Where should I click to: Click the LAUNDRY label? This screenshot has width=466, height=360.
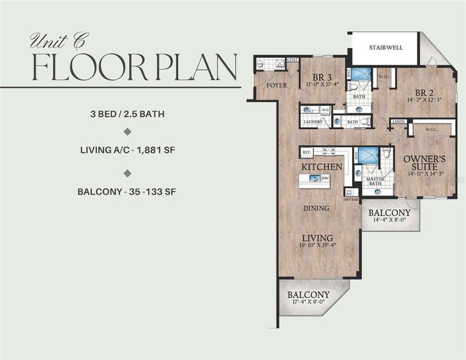pos(312,122)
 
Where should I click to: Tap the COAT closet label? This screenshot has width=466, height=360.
pos(292,59)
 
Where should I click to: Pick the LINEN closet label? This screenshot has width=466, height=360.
pos(398,122)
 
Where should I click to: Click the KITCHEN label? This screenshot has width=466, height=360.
pos(321,166)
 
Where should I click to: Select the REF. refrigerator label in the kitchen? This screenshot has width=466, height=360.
pos(306,152)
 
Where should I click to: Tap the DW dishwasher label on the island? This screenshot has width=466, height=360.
pos(324,178)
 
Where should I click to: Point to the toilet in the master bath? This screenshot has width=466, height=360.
pos(386,154)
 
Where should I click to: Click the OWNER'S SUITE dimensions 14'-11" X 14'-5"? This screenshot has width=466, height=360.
pos(424,173)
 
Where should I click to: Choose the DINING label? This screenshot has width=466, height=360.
pos(316,208)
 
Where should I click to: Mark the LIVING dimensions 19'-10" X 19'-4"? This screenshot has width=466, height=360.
pos(317,245)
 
